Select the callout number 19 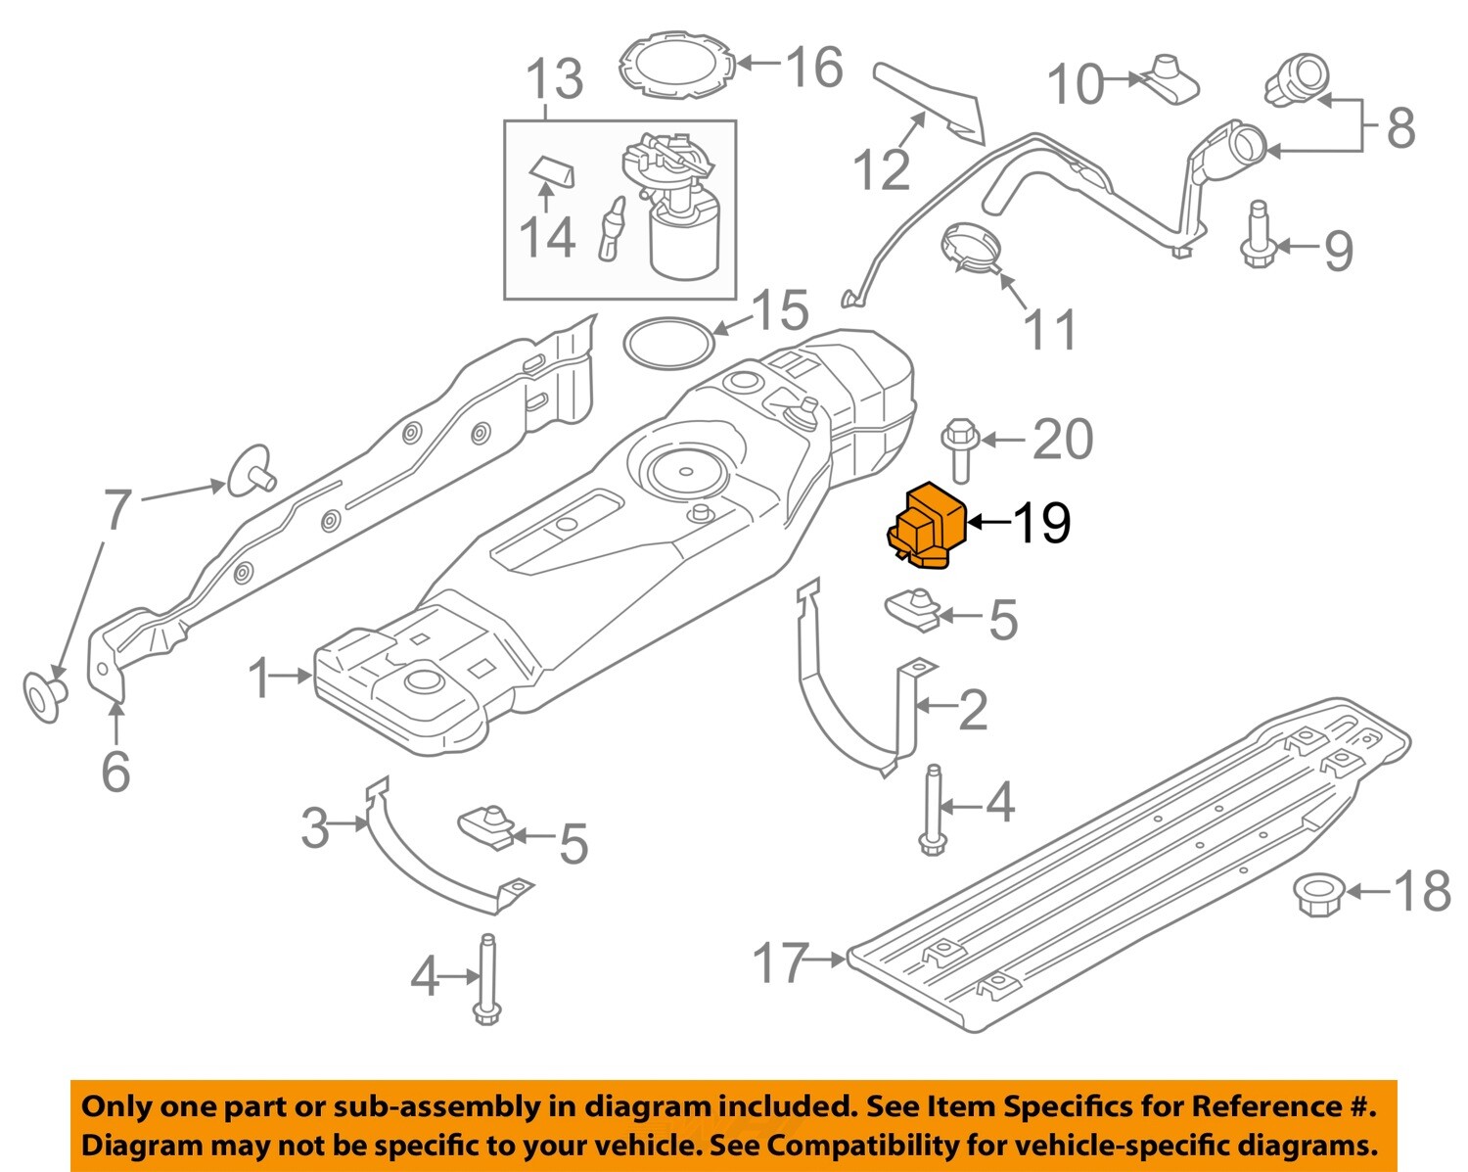coord(1041,523)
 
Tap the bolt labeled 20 coord(959,449)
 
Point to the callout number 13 coord(555,79)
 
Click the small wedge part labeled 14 coord(552,173)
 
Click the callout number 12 coord(882,169)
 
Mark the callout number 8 coord(1400,128)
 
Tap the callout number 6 coord(115,771)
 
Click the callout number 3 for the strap coord(315,828)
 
